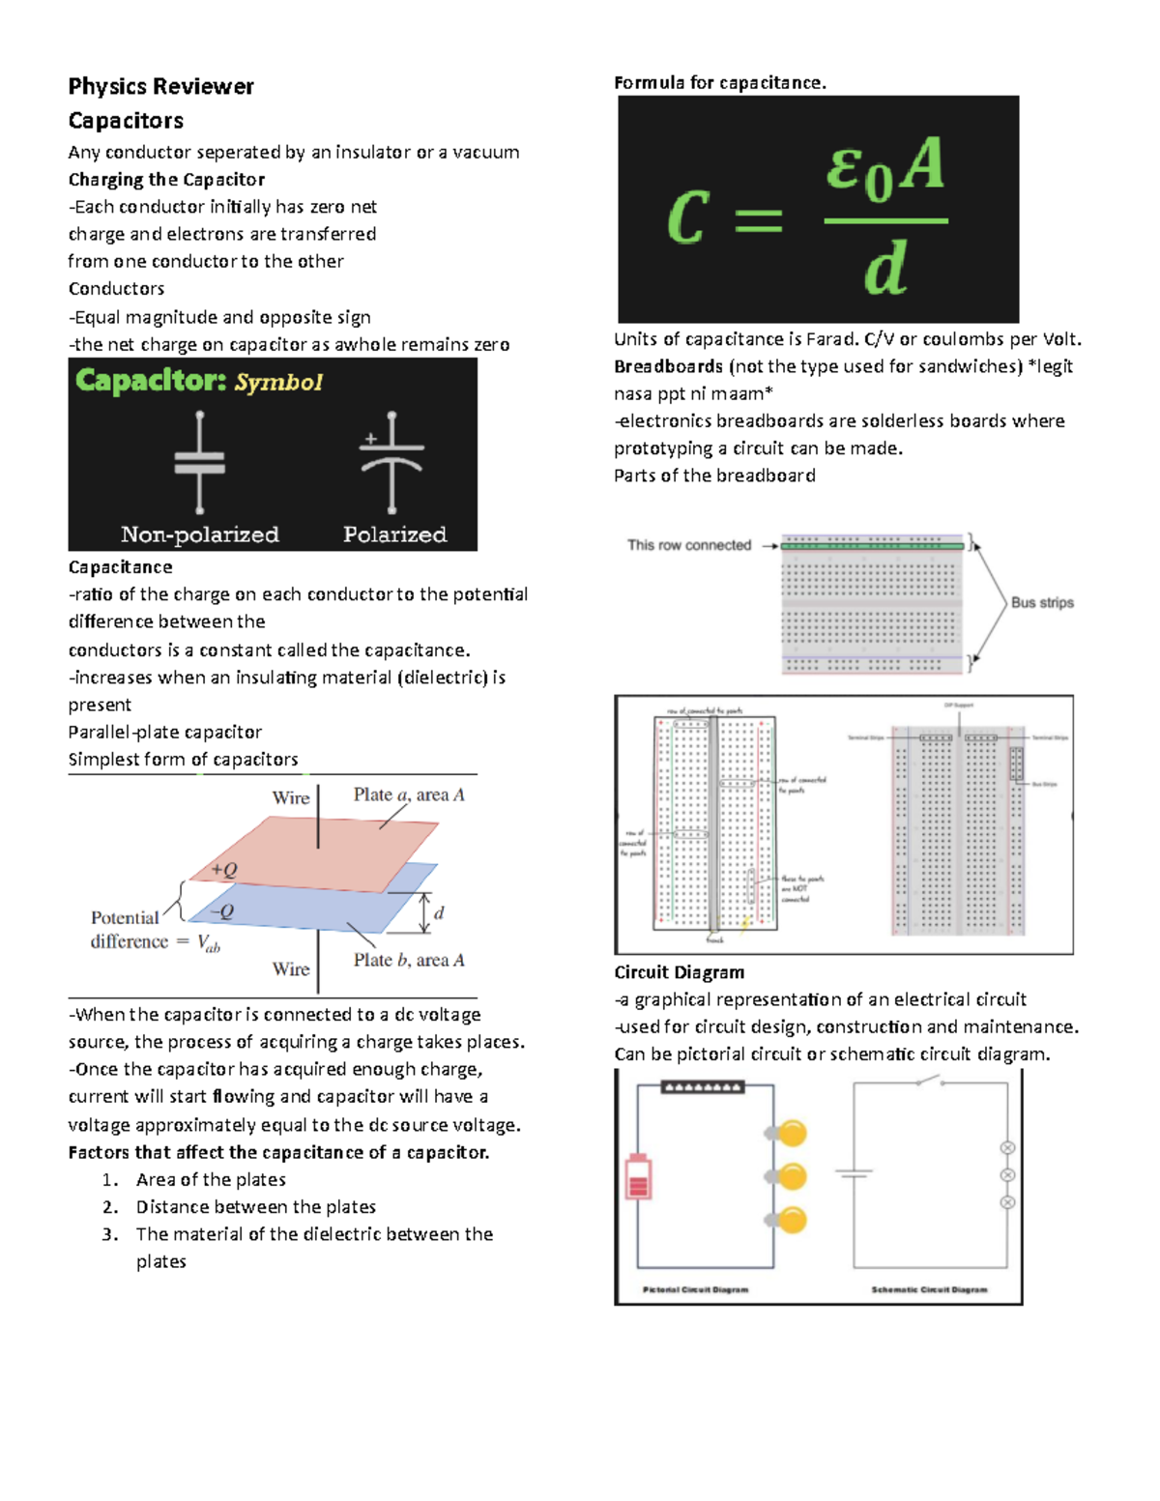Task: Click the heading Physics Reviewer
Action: (160, 87)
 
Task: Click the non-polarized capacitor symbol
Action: (199, 463)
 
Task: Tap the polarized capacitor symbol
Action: (391, 461)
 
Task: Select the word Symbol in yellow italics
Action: (278, 383)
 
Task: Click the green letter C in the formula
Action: (688, 217)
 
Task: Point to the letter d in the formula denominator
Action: (885, 269)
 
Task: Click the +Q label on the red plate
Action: (224, 870)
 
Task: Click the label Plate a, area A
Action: (408, 794)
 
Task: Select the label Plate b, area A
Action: (408, 960)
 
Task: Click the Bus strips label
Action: (1042, 602)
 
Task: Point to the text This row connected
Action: (688, 545)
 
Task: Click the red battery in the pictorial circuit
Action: (638, 1176)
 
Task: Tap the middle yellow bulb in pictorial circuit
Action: (791, 1176)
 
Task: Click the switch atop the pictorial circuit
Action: (702, 1087)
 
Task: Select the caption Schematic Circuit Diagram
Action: (929, 1289)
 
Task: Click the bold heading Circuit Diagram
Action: (679, 972)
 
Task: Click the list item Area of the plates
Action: (211, 1179)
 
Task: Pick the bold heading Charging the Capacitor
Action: (166, 180)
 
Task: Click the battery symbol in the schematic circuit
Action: (854, 1173)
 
